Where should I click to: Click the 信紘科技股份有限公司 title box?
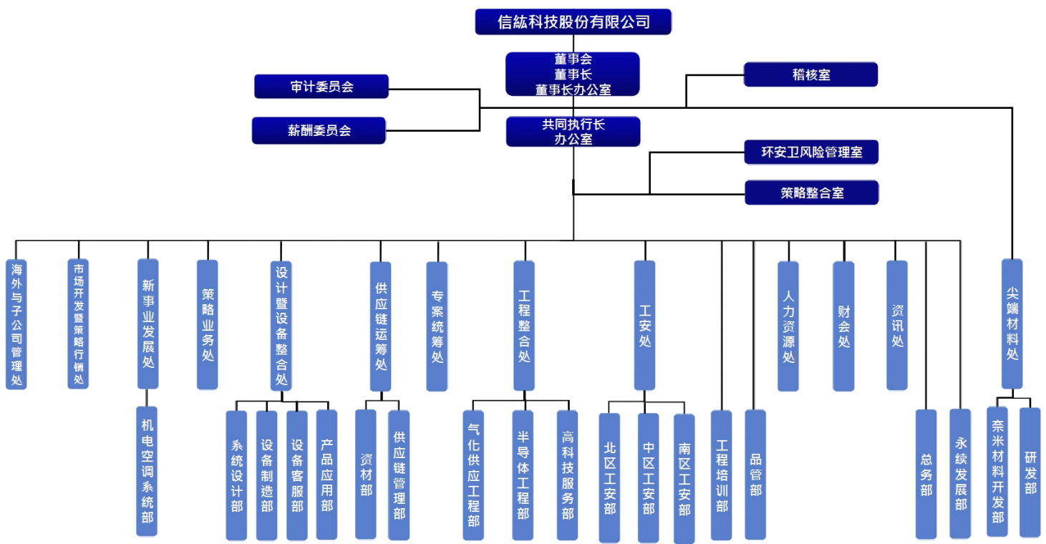pyautogui.click(x=573, y=21)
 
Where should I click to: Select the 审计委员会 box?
pyautogui.click(x=321, y=87)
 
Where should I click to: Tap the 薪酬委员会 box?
pyautogui.click(x=319, y=130)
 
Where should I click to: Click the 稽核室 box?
pyautogui.click(x=810, y=74)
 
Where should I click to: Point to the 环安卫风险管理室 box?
pyautogui.click(x=811, y=152)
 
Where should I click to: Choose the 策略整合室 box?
pyautogui.click(x=811, y=193)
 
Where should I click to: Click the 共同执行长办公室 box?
pyautogui.click(x=573, y=132)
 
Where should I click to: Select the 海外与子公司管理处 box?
pyautogui.click(x=16, y=324)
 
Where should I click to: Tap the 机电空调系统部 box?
pyautogui.click(x=147, y=471)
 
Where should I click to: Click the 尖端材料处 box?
pyautogui.click(x=1012, y=324)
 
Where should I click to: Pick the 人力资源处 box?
pyautogui.click(x=788, y=326)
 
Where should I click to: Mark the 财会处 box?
pyautogui.click(x=843, y=326)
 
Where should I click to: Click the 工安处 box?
pyautogui.click(x=644, y=326)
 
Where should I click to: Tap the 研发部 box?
pyautogui.click(x=1030, y=472)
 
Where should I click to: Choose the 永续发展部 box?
pyautogui.click(x=960, y=474)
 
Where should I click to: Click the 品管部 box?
pyautogui.click(x=755, y=474)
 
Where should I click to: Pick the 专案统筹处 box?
pyautogui.click(x=437, y=326)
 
